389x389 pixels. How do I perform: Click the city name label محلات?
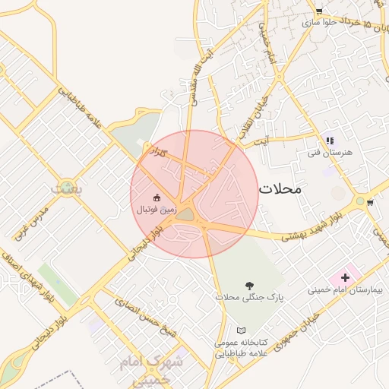coord(280,188)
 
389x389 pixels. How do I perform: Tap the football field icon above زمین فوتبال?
coord(157,198)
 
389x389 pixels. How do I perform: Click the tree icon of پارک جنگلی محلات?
coord(249,286)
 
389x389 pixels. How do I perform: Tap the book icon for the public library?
coord(242,331)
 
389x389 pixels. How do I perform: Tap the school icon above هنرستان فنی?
coord(330,141)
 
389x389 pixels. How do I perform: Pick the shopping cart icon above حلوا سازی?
coord(318,11)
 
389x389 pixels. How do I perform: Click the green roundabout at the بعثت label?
coord(68,185)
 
